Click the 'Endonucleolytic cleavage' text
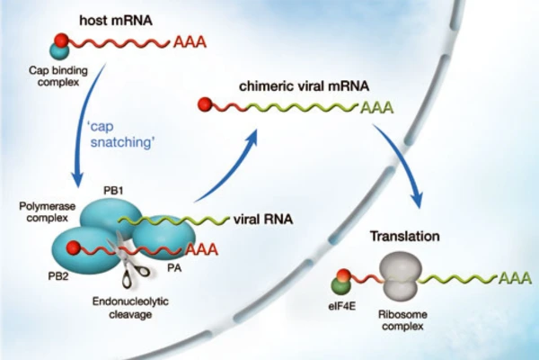pyautogui.click(x=133, y=307)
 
